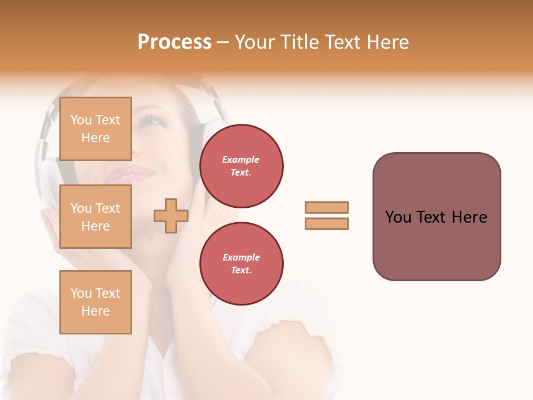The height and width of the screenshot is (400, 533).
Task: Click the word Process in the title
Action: click(174, 42)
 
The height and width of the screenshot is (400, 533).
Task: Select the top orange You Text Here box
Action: click(95, 129)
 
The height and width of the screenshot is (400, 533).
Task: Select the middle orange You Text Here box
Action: click(95, 217)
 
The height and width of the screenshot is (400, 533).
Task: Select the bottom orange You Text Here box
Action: click(95, 302)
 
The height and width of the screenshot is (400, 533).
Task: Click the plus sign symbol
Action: click(171, 216)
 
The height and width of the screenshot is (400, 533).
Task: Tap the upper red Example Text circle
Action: click(241, 166)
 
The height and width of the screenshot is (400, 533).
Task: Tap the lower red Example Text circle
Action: click(241, 264)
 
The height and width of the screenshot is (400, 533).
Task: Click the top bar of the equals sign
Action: click(326, 207)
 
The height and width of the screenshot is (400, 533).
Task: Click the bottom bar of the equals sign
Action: click(326, 223)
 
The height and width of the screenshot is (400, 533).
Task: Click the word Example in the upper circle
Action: click(241, 159)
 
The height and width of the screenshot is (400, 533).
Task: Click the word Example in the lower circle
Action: click(241, 257)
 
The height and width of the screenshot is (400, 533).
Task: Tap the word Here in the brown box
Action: click(469, 217)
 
